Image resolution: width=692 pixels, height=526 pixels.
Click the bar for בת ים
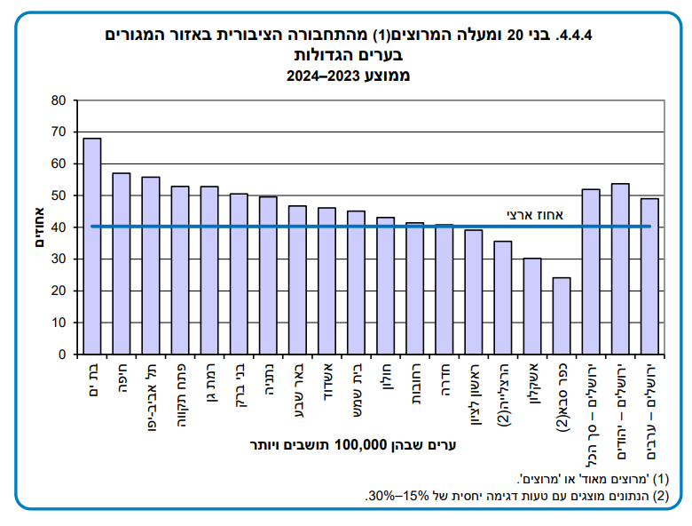[92, 246]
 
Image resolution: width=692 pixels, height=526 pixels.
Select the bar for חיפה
[122, 264]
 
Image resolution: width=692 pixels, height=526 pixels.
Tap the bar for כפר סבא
[561, 315]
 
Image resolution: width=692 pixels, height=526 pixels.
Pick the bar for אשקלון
[531, 306]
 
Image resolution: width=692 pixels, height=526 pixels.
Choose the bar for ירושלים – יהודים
[619, 268]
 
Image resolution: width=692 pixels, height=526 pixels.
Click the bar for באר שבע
[297, 280]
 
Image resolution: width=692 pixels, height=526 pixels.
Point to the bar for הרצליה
[502, 298]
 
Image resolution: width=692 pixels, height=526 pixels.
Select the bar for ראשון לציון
[473, 291]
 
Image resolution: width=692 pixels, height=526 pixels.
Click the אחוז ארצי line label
[531, 214]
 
